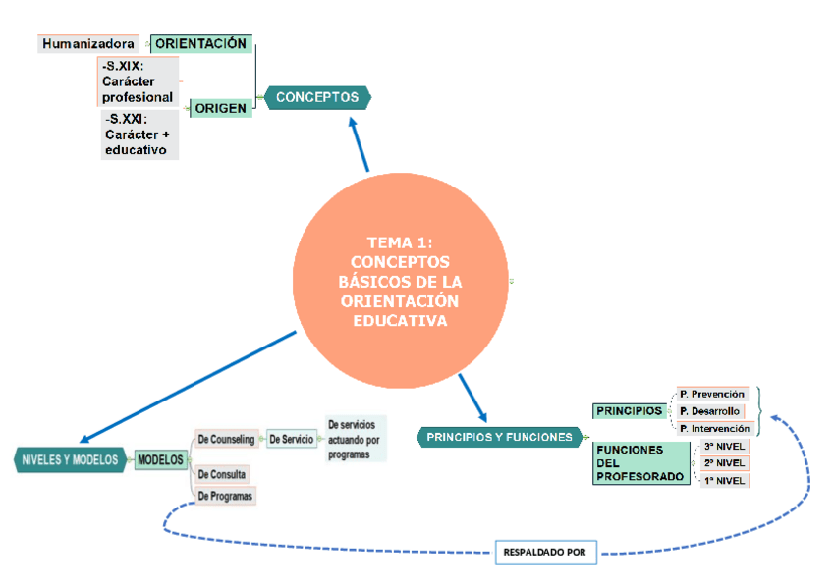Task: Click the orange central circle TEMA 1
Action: coord(400,281)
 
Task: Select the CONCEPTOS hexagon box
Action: coord(317,97)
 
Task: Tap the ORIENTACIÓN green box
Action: coord(201,44)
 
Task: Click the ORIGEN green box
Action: coord(221,108)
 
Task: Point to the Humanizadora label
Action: coord(89,44)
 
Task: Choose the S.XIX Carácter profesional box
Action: coord(139,81)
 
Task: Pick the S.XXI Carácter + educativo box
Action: coord(139,134)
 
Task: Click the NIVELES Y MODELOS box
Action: coord(70,459)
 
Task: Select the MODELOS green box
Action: coord(160,459)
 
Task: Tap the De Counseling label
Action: coord(226,439)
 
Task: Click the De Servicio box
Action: coord(292,439)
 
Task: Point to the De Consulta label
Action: coord(222,475)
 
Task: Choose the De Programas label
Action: coord(225,497)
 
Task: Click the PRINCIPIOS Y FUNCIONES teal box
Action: coord(499,437)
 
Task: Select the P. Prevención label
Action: coord(712,394)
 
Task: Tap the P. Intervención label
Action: coord(715,428)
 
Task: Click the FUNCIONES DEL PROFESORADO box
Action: coord(639,463)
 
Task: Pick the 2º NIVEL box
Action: coord(725,463)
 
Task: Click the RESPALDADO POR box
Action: coord(544,553)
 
